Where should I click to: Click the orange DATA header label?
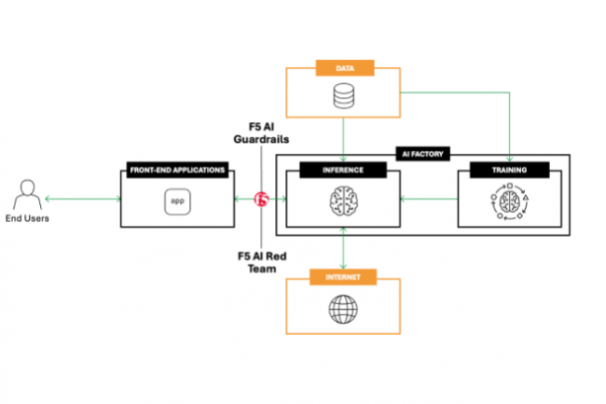(x=345, y=67)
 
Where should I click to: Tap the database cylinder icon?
(x=345, y=96)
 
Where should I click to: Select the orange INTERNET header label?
(x=345, y=277)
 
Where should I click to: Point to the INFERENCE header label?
(x=345, y=170)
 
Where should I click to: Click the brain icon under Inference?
(x=345, y=200)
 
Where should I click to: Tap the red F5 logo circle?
(x=262, y=199)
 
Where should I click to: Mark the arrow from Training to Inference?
(x=429, y=199)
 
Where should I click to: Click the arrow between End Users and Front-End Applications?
(x=82, y=199)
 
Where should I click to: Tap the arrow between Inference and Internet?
(x=345, y=248)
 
